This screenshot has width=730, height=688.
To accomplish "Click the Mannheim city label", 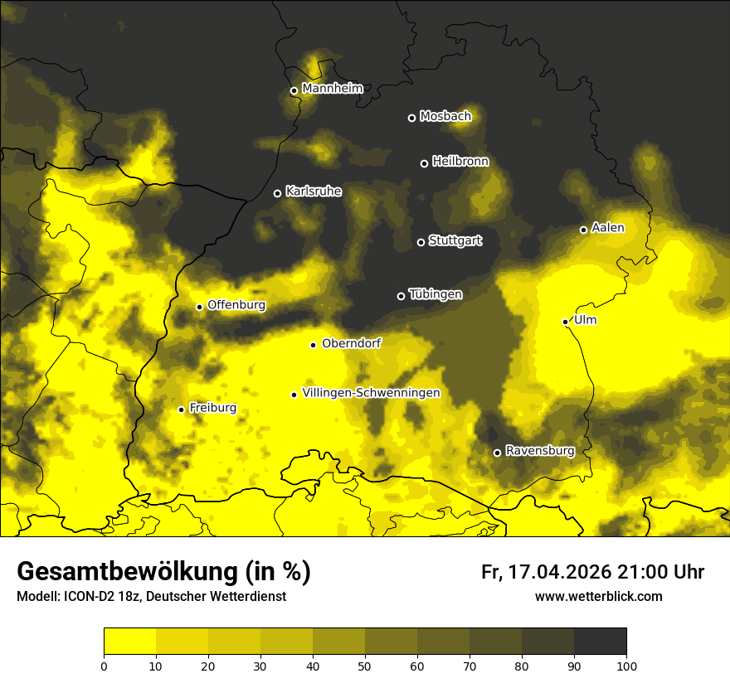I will (333, 89).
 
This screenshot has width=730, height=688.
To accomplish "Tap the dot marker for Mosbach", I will (411, 118).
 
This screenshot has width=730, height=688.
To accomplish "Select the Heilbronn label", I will (460, 162).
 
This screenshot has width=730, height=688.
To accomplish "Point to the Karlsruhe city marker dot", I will (278, 193).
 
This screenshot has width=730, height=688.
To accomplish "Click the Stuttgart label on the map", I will (455, 240).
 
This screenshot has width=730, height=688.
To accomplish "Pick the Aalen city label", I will (608, 228).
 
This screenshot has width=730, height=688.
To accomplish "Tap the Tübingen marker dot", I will (401, 296).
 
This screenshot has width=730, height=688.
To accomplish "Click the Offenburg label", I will (236, 305).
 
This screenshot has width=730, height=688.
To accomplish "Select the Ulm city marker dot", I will (566, 322).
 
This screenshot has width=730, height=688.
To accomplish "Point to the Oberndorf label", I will (352, 343).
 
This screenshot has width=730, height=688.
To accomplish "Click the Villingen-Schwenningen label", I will (372, 393).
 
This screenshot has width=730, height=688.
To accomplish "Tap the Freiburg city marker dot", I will (182, 409).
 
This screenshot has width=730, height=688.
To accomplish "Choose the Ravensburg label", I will (540, 451).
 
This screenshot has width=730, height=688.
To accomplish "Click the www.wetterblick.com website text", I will (599, 596).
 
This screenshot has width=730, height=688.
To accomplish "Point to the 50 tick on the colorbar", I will (365, 665).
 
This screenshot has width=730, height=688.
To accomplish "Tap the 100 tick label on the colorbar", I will (626, 665).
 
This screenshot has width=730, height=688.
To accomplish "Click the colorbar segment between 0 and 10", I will (130, 642).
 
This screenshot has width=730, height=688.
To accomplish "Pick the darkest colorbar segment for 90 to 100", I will (600, 642).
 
